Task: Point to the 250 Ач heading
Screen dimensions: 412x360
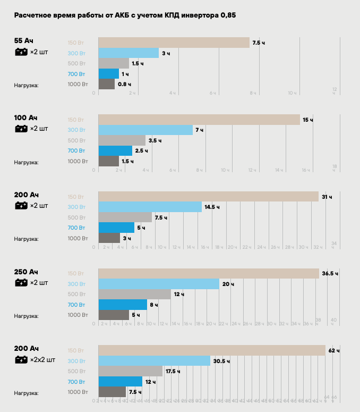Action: [x=26, y=272]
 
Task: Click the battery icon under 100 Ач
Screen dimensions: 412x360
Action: [x=21, y=129]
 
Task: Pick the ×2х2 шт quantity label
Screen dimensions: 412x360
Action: [x=42, y=360]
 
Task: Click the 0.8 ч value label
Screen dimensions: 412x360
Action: [x=124, y=84]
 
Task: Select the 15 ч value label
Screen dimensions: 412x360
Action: [x=307, y=120]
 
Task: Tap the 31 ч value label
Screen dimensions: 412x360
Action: [x=327, y=197]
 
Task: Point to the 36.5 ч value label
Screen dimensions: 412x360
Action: [x=330, y=274]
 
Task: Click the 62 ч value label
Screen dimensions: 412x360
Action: [x=334, y=351]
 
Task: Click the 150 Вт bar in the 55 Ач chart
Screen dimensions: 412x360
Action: [x=174, y=43]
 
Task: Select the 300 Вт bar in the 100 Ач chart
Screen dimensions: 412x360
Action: [x=145, y=130]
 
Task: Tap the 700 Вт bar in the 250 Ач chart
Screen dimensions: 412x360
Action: [x=123, y=305]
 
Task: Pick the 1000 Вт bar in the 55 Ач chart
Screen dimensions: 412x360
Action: [x=106, y=84]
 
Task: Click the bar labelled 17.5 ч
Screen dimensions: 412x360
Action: [x=131, y=371]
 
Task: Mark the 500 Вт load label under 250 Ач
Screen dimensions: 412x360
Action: [x=76, y=295]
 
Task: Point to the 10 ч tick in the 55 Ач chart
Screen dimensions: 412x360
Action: [x=292, y=93]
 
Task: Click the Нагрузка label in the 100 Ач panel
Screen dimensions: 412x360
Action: [x=26, y=162]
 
